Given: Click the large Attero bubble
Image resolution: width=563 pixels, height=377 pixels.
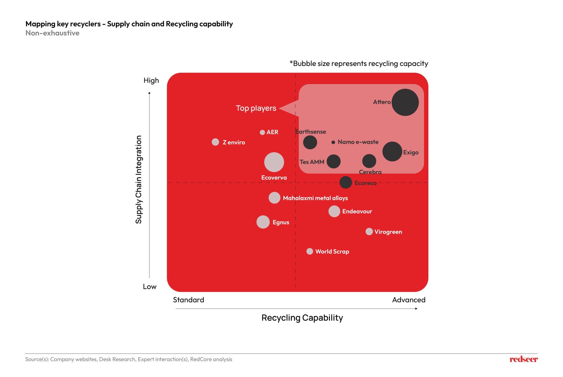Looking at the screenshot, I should [x=405, y=102].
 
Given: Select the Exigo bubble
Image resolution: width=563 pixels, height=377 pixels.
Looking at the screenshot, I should [x=392, y=151].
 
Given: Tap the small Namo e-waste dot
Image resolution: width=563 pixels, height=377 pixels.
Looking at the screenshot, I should [x=333, y=142].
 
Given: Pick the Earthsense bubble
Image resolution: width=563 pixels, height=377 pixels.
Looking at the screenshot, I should [x=310, y=142].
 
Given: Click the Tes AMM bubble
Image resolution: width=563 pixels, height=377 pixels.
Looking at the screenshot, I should [x=333, y=161].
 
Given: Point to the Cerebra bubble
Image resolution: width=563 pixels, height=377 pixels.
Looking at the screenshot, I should [x=369, y=161].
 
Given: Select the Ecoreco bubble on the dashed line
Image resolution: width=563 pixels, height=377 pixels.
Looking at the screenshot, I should [x=346, y=182].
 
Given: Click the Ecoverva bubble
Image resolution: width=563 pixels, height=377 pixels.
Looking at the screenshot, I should [x=274, y=162].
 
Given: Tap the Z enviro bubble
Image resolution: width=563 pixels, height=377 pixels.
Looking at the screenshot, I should [x=216, y=142].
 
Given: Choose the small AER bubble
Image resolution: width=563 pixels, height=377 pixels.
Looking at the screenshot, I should [x=262, y=132].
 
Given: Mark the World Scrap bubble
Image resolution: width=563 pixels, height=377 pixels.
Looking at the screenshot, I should [x=310, y=251].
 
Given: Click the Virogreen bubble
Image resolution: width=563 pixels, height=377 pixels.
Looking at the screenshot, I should [x=369, y=232].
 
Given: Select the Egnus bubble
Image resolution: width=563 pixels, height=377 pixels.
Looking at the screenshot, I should [x=263, y=222].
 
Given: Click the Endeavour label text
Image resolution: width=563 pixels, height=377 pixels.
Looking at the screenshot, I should [x=357, y=211].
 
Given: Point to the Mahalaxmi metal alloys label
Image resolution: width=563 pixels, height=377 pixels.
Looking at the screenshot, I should [x=315, y=198].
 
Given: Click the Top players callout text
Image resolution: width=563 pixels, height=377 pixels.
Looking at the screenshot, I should [x=256, y=108].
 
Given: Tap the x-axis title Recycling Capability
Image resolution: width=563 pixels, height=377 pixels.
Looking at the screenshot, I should [x=302, y=318].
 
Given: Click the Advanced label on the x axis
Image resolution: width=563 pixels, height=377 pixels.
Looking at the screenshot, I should [x=409, y=300].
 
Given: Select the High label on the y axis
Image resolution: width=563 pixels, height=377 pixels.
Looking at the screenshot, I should [x=151, y=81].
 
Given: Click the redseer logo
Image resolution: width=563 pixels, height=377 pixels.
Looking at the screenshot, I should [x=523, y=359].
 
